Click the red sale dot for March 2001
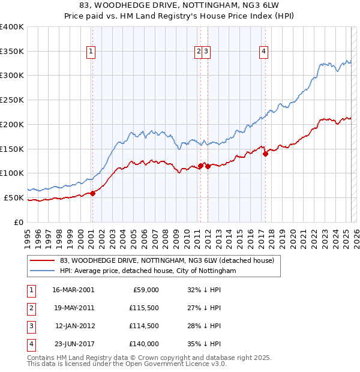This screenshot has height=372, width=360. pos(93,193)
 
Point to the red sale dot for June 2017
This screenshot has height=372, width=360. pos(265,153)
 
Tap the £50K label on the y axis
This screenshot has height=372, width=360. pos(14,197)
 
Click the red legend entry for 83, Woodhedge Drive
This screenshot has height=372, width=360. pos(167,260)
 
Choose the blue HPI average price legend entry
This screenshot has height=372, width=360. pos(148,271)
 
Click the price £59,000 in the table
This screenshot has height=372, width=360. pos(145,290)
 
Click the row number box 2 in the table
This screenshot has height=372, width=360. pos(29,308)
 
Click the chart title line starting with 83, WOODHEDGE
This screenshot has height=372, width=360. pos(179,5)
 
